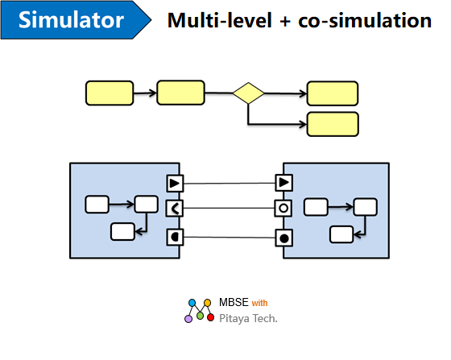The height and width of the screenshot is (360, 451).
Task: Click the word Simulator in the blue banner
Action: (x=71, y=20)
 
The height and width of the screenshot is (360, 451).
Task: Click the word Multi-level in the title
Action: (x=219, y=20)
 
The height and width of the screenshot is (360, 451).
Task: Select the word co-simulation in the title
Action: (x=365, y=20)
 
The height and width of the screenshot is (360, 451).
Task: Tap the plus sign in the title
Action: (x=285, y=22)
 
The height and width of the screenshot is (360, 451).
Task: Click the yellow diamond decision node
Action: (x=248, y=93)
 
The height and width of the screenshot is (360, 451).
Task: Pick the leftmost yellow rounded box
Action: (x=110, y=93)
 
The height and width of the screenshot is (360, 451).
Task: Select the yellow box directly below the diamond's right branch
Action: (x=333, y=124)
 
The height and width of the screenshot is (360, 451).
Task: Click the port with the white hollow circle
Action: (x=283, y=208)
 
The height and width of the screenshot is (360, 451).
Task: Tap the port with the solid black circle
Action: (x=284, y=238)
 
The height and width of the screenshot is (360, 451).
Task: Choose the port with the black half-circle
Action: (x=175, y=238)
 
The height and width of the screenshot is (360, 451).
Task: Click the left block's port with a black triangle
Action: (x=175, y=184)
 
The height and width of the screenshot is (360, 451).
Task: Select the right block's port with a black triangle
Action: (x=284, y=182)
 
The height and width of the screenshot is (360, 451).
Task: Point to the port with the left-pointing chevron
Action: (x=175, y=208)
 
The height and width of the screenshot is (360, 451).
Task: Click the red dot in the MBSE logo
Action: (x=210, y=317)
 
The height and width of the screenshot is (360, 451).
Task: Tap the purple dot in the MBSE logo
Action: (x=188, y=319)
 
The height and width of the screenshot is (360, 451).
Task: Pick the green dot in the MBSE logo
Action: (x=201, y=316)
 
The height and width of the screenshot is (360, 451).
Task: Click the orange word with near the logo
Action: (x=259, y=303)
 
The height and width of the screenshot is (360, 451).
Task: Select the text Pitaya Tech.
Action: (x=248, y=319)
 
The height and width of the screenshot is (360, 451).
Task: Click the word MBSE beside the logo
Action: (x=234, y=302)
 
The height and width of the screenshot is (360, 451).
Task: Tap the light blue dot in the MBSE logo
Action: (x=192, y=303)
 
